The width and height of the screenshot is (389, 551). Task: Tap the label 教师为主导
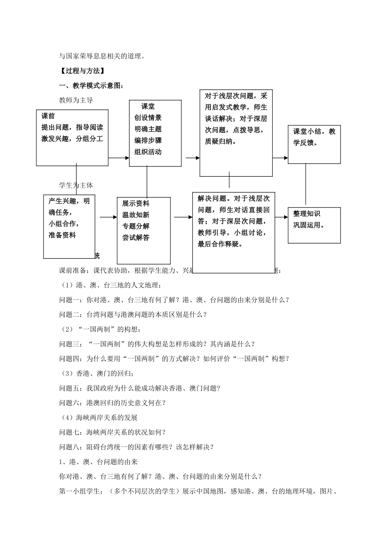(x=76, y=100)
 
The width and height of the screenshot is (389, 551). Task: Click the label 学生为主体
(x=76, y=185)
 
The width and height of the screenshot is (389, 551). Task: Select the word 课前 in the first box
(x=48, y=116)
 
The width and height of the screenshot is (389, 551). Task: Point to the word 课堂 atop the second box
(x=148, y=106)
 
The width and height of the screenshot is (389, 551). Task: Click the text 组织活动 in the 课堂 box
(x=148, y=152)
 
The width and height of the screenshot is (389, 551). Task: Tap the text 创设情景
(x=148, y=118)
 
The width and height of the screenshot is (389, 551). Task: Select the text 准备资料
(x=62, y=235)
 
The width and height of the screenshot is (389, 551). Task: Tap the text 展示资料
(x=136, y=203)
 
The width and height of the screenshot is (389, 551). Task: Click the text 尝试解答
(x=136, y=237)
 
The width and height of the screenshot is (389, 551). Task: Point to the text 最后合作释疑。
(x=220, y=244)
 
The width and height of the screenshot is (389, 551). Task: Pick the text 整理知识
(x=307, y=214)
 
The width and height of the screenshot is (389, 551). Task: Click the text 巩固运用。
(x=309, y=225)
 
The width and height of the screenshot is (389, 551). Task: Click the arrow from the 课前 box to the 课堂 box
(x=119, y=158)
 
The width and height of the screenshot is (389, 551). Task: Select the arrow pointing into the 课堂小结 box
(x=280, y=158)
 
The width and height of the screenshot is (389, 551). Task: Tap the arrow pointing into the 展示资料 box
(x=109, y=217)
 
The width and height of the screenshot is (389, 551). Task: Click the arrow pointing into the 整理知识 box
(x=282, y=217)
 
